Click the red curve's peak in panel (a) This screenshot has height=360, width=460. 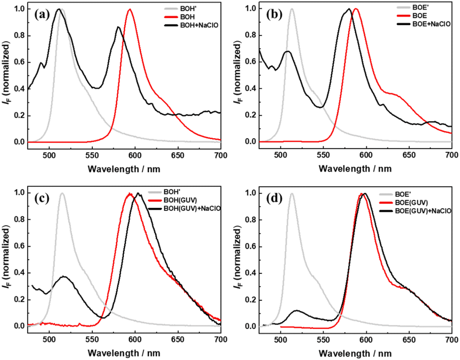click(130, 10)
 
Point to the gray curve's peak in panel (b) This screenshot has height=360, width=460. click(292, 9)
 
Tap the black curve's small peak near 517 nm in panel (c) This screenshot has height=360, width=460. click(64, 276)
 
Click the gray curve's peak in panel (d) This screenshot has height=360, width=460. click(291, 193)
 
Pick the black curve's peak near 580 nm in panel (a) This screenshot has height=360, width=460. click(118, 27)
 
